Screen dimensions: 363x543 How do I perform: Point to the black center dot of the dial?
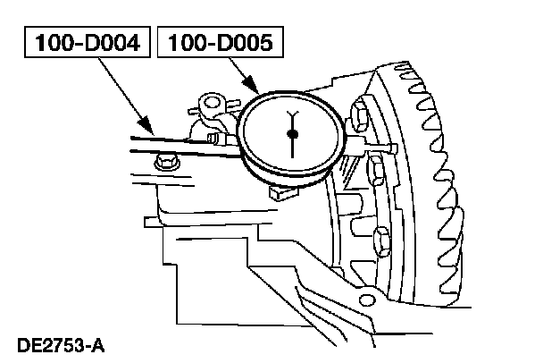pyautogui.click(x=293, y=134)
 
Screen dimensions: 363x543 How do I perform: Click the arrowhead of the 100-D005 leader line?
pyautogui.click(x=259, y=91)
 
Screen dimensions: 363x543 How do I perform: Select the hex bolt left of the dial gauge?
pyautogui.click(x=163, y=164)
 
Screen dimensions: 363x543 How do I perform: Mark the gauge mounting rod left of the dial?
pyautogui.click(x=179, y=143)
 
